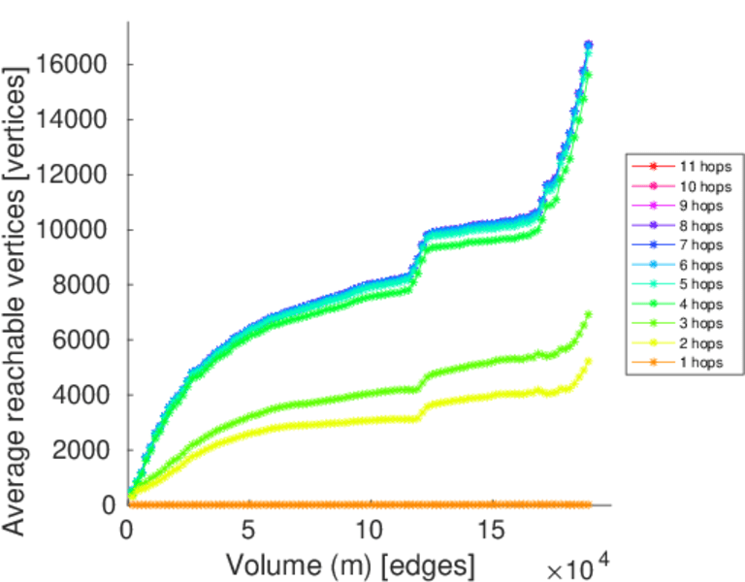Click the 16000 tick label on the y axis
[76, 65]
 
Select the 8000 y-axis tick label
[82, 285]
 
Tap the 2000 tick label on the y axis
[82, 450]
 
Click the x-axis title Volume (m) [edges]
[350, 564]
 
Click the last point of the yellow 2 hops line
[589, 361]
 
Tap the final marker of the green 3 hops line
[589, 314]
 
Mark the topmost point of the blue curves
[589, 46]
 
